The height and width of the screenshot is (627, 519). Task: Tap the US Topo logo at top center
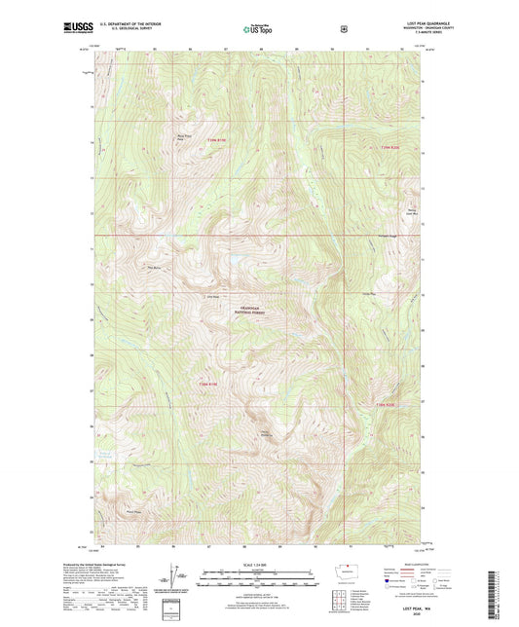[258, 29]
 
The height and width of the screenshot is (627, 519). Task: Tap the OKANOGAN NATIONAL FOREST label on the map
[258, 311]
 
